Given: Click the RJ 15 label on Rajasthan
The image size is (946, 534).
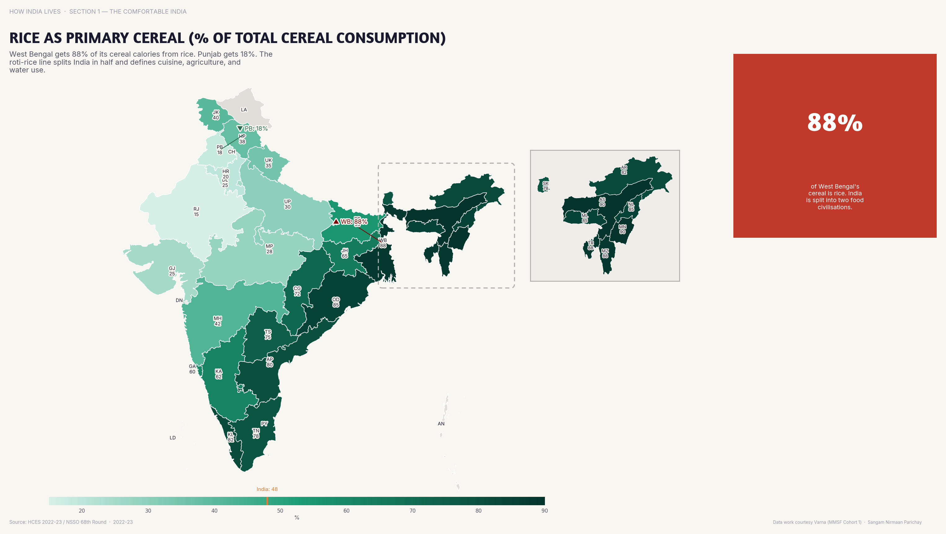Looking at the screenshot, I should tap(196, 212).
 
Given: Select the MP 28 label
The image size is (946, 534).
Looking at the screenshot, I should tap(269, 249).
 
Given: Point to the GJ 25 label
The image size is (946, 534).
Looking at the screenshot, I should tap(172, 271).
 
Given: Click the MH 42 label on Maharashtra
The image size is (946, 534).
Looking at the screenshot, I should tap(217, 321).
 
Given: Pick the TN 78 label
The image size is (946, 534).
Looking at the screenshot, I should tap(256, 433).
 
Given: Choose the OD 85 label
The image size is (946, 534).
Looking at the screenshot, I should tap(336, 302).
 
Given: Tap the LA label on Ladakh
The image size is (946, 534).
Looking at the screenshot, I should tap(244, 110).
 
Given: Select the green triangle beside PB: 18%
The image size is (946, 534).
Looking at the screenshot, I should tap(240, 128).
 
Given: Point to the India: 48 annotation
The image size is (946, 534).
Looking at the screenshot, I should tap(267, 489).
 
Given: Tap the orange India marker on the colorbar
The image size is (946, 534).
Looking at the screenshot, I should tap(267, 501).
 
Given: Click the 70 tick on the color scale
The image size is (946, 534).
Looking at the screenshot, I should tap(413, 510).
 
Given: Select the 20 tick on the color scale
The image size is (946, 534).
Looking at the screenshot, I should tap(82, 510).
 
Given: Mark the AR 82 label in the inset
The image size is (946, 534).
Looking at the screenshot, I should tap(624, 170).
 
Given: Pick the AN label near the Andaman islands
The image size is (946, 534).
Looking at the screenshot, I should tap(441, 423).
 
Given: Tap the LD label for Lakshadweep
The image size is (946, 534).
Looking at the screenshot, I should tap(173, 437).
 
